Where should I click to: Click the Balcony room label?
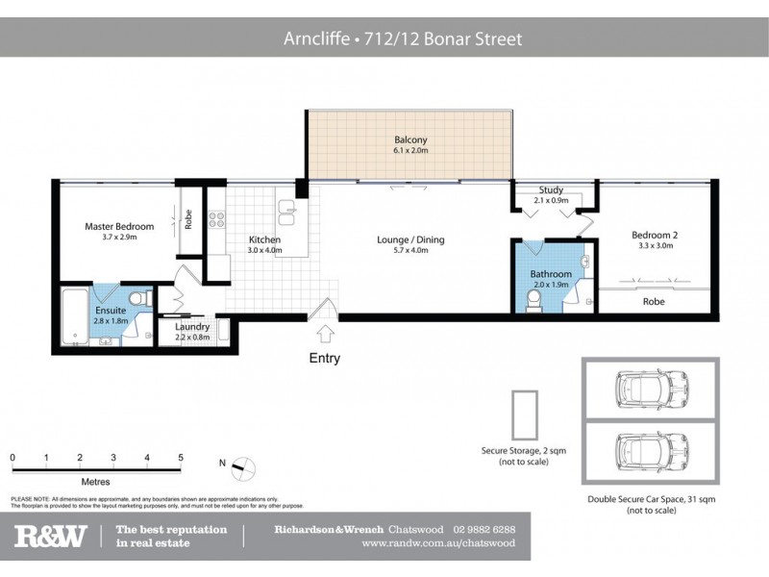tap(409, 140)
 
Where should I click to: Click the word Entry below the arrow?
tap(325, 358)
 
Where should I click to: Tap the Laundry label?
tap(192, 327)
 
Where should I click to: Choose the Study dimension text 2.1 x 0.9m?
tap(551, 200)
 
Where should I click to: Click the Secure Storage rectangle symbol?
tap(523, 414)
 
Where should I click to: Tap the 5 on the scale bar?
tap(181, 458)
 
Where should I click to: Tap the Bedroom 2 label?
tap(655, 235)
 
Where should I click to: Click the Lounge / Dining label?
tap(410, 239)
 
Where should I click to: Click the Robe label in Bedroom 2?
tap(654, 301)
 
